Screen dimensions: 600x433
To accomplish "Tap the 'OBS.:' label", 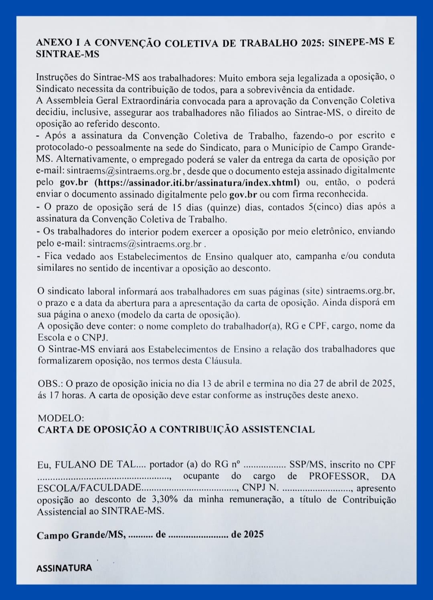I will [x=50, y=383].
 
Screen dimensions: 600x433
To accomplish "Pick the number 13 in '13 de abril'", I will [x=207, y=383].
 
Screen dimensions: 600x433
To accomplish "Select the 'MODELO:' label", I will [x=61, y=418].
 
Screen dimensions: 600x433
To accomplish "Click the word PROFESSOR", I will [x=338, y=476].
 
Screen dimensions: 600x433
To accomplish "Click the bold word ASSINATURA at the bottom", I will [x=64, y=568].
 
